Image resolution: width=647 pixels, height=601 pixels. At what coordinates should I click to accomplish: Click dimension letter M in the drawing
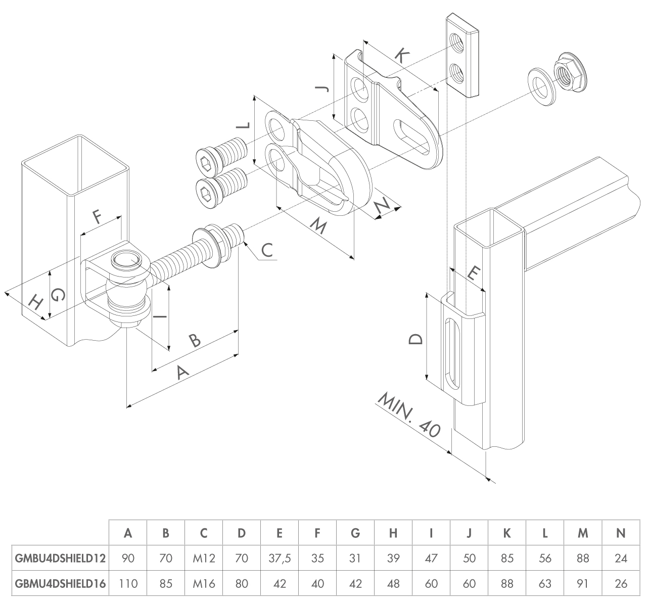point(317,227)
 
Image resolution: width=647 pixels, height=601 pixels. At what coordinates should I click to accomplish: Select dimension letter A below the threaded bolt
point(182,373)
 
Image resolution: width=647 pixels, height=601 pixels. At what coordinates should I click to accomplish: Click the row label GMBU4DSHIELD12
point(60,559)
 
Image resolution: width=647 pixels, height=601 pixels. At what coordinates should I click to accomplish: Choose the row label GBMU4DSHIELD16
point(60,584)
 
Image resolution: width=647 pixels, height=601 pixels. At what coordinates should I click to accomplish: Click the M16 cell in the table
point(204,584)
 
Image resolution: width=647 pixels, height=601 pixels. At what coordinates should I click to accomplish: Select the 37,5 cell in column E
point(280,559)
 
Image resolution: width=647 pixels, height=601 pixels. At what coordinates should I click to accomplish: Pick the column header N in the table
point(621,533)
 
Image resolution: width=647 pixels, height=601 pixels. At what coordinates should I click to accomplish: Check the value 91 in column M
point(583,584)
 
